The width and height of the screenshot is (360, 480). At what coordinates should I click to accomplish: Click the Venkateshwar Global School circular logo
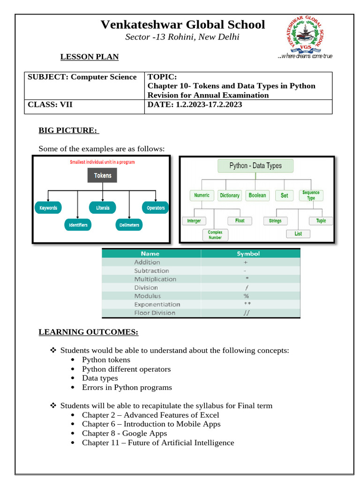tap(305, 35)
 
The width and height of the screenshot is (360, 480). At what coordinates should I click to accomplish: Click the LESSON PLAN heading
tap(89, 57)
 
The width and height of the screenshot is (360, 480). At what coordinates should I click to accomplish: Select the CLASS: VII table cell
tap(50, 105)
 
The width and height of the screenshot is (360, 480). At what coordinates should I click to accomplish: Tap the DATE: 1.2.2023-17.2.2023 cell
tap(195, 105)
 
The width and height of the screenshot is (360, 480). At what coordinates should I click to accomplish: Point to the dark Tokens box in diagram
tap(103, 175)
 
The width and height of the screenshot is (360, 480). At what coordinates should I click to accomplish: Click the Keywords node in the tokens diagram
tap(48, 208)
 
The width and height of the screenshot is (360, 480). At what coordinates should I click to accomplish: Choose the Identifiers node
tap(78, 225)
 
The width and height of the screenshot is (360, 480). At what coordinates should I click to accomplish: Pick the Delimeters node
tap(129, 225)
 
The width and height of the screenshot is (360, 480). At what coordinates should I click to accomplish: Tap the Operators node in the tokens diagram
tap(156, 208)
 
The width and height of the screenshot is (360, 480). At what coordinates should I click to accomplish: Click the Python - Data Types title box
tap(255, 166)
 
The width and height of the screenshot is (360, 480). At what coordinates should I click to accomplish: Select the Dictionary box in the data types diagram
tap(230, 195)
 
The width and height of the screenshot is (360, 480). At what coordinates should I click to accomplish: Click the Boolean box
tap(257, 195)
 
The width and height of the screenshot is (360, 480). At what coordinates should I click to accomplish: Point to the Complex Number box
tap(215, 235)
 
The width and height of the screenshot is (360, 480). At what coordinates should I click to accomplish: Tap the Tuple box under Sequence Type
tap(321, 221)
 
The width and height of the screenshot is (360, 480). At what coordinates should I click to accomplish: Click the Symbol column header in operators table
tap(248, 254)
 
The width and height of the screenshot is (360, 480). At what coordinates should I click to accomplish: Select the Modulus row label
tap(147, 296)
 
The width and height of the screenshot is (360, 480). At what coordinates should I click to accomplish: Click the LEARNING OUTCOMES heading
tap(88, 333)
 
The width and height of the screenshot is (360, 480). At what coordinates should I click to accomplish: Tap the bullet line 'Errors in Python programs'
tap(127, 388)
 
